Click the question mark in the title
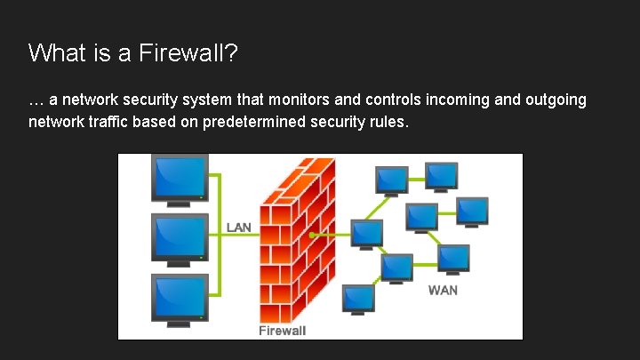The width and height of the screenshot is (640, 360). point(231,53)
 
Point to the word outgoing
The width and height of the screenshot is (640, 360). point(553,100)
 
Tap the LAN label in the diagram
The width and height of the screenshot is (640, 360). point(238,228)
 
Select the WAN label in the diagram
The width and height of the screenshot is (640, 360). point(443,290)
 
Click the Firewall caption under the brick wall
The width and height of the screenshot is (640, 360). point(282,331)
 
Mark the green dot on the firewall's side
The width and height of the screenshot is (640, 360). point(313,235)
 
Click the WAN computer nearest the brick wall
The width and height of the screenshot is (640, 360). point(366,233)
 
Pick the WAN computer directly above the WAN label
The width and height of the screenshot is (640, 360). point(453,258)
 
